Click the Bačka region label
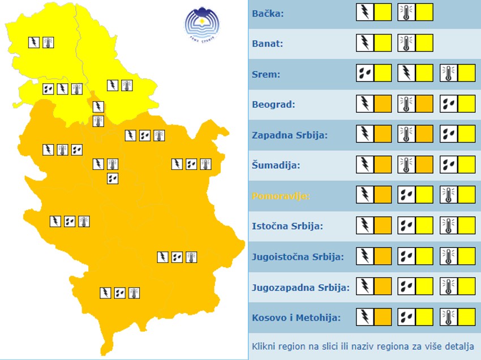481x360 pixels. tap(268, 13)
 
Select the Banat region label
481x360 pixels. tap(267, 44)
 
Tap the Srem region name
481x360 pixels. tap(266, 74)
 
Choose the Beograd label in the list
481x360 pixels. tap(273, 105)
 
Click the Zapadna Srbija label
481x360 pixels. tap(290, 135)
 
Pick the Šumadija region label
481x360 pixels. tap(276, 166)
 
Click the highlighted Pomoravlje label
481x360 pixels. tap(280, 196)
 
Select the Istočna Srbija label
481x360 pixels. tap(287, 226)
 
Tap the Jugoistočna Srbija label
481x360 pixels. tap(298, 256)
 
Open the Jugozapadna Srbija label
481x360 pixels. tap(300, 287)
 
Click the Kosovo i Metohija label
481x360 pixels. tap(296, 318)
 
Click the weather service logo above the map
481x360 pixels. tap(202, 24)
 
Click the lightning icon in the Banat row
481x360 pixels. tap(364, 43)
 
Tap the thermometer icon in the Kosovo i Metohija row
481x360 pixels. tap(448, 317)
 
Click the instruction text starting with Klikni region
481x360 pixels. tap(363, 346)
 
